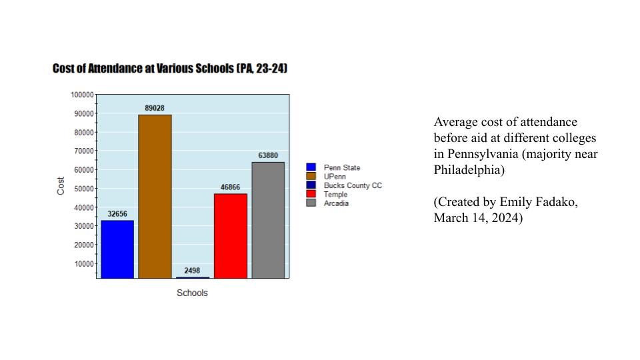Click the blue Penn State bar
[x=117, y=249]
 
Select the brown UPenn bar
[x=155, y=196]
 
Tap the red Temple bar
[x=230, y=235]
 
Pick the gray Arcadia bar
[x=268, y=220]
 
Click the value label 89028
[x=155, y=108]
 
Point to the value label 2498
[x=192, y=271]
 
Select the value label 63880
[x=268, y=155]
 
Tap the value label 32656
[x=117, y=214]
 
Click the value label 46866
[x=230, y=187]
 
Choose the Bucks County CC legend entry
[x=353, y=185]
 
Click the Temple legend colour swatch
[x=311, y=194]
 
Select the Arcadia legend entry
[x=336, y=203]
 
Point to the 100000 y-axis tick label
[x=82, y=95]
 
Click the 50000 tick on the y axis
[x=83, y=189]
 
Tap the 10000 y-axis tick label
[x=83, y=263]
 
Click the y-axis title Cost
[x=61, y=185]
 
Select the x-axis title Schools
[x=192, y=293]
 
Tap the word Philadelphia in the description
[x=470, y=170]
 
